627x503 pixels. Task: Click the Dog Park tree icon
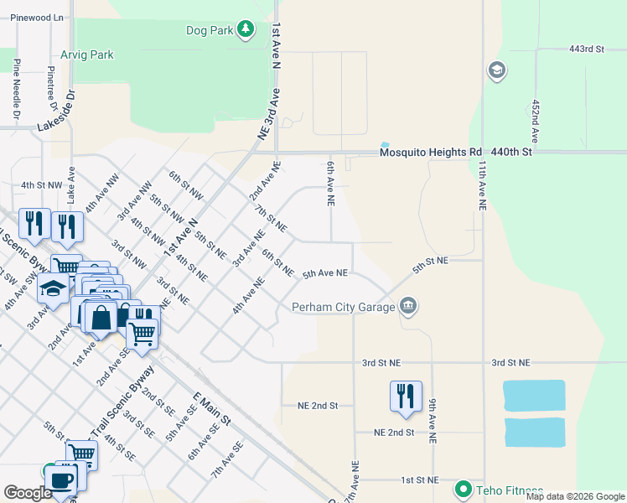coord(245,31)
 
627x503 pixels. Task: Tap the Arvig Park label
coord(86,54)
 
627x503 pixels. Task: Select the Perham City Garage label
coord(343,307)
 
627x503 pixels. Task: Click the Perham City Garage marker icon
coord(408,306)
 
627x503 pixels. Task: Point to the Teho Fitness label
coord(510,490)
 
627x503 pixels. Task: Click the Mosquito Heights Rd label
coord(431,153)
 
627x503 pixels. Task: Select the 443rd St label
coord(586,49)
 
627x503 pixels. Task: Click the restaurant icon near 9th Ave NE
coord(406,396)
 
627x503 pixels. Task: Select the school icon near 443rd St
coord(496,70)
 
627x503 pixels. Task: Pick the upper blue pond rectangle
coord(534,396)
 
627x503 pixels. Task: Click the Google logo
coord(28,493)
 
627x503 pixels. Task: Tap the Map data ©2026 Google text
coord(575,496)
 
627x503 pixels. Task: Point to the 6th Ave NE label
coord(331,184)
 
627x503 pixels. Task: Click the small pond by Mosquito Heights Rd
coord(385,144)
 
